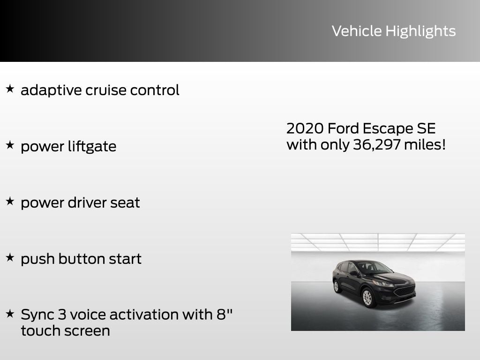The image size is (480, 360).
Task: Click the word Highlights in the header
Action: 420,31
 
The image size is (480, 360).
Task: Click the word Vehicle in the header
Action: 357,31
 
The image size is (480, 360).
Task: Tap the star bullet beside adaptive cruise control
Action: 10,88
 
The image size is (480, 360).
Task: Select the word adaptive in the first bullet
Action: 51,90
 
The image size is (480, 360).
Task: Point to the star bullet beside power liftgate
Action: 10,144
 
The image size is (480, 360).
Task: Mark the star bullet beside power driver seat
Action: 10,201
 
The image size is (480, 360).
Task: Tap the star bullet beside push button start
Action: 10,257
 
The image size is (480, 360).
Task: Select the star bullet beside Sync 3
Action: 10,313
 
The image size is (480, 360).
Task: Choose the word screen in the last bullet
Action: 88,330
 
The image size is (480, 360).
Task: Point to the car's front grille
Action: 404,291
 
